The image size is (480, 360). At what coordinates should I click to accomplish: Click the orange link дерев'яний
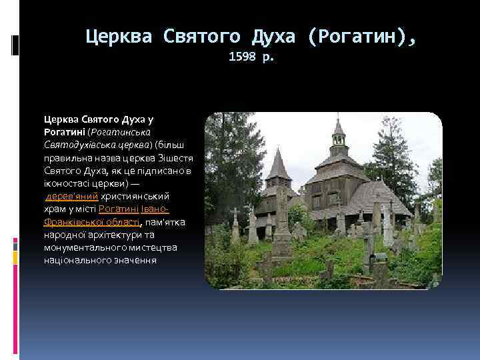[x=72, y=196]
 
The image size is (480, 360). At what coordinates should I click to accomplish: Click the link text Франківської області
[x=92, y=221]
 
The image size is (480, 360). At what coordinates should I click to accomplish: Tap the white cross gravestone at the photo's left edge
[x=235, y=227]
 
